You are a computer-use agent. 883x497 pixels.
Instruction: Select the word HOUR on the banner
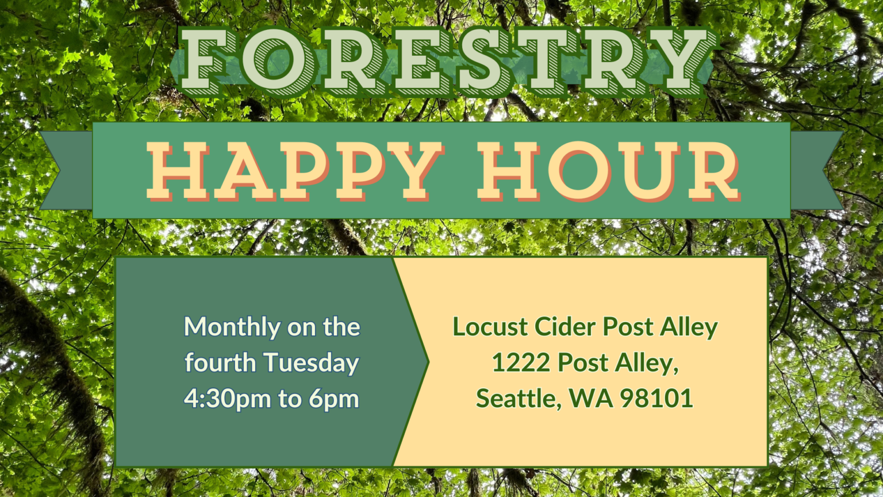pyautogui.click(x=609, y=171)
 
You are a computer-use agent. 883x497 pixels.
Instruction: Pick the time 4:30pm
pyautogui.click(x=228, y=399)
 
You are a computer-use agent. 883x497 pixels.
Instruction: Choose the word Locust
pyautogui.click(x=490, y=327)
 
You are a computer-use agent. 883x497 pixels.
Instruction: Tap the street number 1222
pyautogui.click(x=521, y=362)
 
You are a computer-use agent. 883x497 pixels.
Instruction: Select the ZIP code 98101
pyautogui.click(x=657, y=399)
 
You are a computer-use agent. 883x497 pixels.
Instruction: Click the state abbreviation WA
pyautogui.click(x=591, y=399)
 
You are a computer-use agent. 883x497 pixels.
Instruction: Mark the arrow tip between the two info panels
pyautogui.click(x=428, y=361)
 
